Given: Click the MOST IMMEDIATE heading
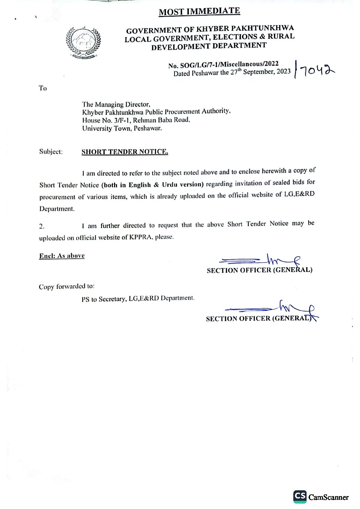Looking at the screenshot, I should pos(199,12).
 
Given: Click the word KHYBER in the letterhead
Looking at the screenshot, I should pos(212,29).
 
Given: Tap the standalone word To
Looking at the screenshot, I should pos(43,88).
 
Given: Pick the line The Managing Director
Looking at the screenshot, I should pos(116,104).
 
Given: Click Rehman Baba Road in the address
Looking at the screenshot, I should pos(161,120).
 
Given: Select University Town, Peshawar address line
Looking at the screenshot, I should pos(122,129).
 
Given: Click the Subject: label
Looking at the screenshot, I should pos(51,152).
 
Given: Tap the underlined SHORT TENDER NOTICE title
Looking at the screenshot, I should pos(125,152).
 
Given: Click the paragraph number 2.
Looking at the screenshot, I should pos(42,226).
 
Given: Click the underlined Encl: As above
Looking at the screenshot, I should pos(62,256).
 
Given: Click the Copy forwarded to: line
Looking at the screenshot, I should pos(66,287).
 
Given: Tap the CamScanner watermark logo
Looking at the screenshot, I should pos(321,497).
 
